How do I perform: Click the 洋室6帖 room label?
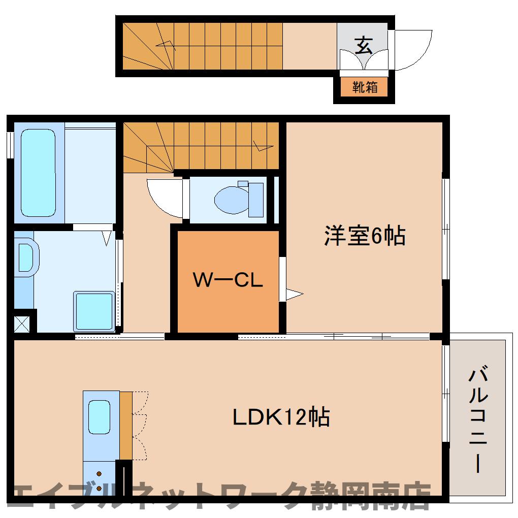365,236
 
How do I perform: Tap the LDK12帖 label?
281,417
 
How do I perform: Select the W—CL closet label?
228,280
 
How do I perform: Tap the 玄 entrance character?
363,46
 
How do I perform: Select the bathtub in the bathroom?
38,172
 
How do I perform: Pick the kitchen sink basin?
99,417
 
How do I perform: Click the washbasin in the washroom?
26,257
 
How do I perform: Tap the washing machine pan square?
94,311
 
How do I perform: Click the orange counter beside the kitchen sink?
126,426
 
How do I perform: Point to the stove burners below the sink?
99,478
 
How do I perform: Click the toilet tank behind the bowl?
256,200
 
